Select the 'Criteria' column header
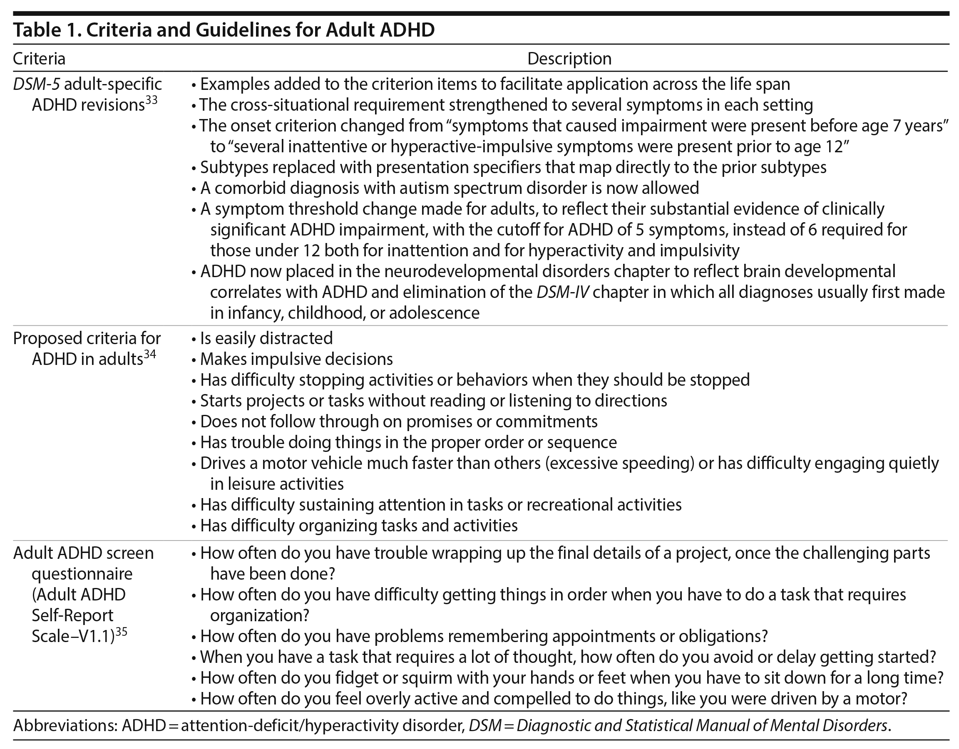[39, 58]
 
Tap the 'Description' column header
[569, 58]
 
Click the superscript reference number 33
[151, 100]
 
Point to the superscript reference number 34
[150, 354]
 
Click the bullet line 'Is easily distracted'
[266, 338]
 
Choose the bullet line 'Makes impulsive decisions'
[296, 359]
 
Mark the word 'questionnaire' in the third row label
[82, 574]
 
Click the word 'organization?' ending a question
[260, 615]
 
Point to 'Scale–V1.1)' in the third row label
[73, 636]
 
